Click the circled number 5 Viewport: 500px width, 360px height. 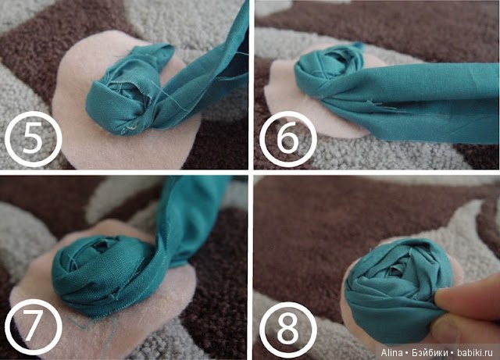click(33, 139)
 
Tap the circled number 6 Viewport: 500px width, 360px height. click(288, 139)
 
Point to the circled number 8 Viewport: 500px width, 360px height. click(288, 330)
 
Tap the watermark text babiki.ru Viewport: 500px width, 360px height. click(475, 353)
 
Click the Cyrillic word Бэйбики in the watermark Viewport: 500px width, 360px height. click(430, 353)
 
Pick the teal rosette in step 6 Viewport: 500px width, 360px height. click(328, 69)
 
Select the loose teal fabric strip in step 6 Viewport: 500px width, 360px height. click(415, 102)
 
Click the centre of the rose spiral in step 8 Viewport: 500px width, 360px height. click(395, 270)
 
